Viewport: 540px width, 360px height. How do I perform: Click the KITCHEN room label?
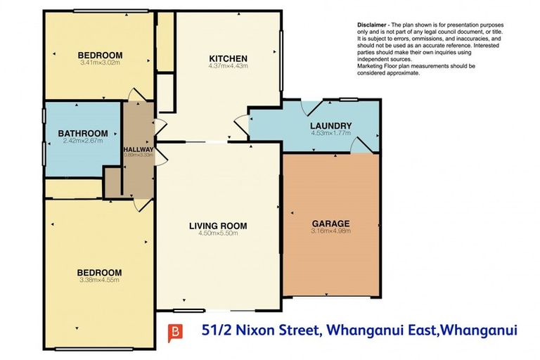point(229,58)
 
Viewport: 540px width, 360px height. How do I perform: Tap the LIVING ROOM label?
point(218,226)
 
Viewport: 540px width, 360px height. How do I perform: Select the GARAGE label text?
point(330,224)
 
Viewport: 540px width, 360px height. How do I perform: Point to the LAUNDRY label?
point(330,126)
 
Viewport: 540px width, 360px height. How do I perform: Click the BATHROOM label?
point(83,134)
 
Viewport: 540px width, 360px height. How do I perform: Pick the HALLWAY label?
point(139,149)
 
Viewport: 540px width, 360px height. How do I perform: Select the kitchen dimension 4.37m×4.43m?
point(229,66)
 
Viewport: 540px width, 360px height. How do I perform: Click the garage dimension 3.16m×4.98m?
point(330,232)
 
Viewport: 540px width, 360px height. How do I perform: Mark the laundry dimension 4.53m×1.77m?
point(330,133)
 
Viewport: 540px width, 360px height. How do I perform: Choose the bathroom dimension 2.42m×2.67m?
point(83,141)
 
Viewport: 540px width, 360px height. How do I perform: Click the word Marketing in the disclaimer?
point(373,66)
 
